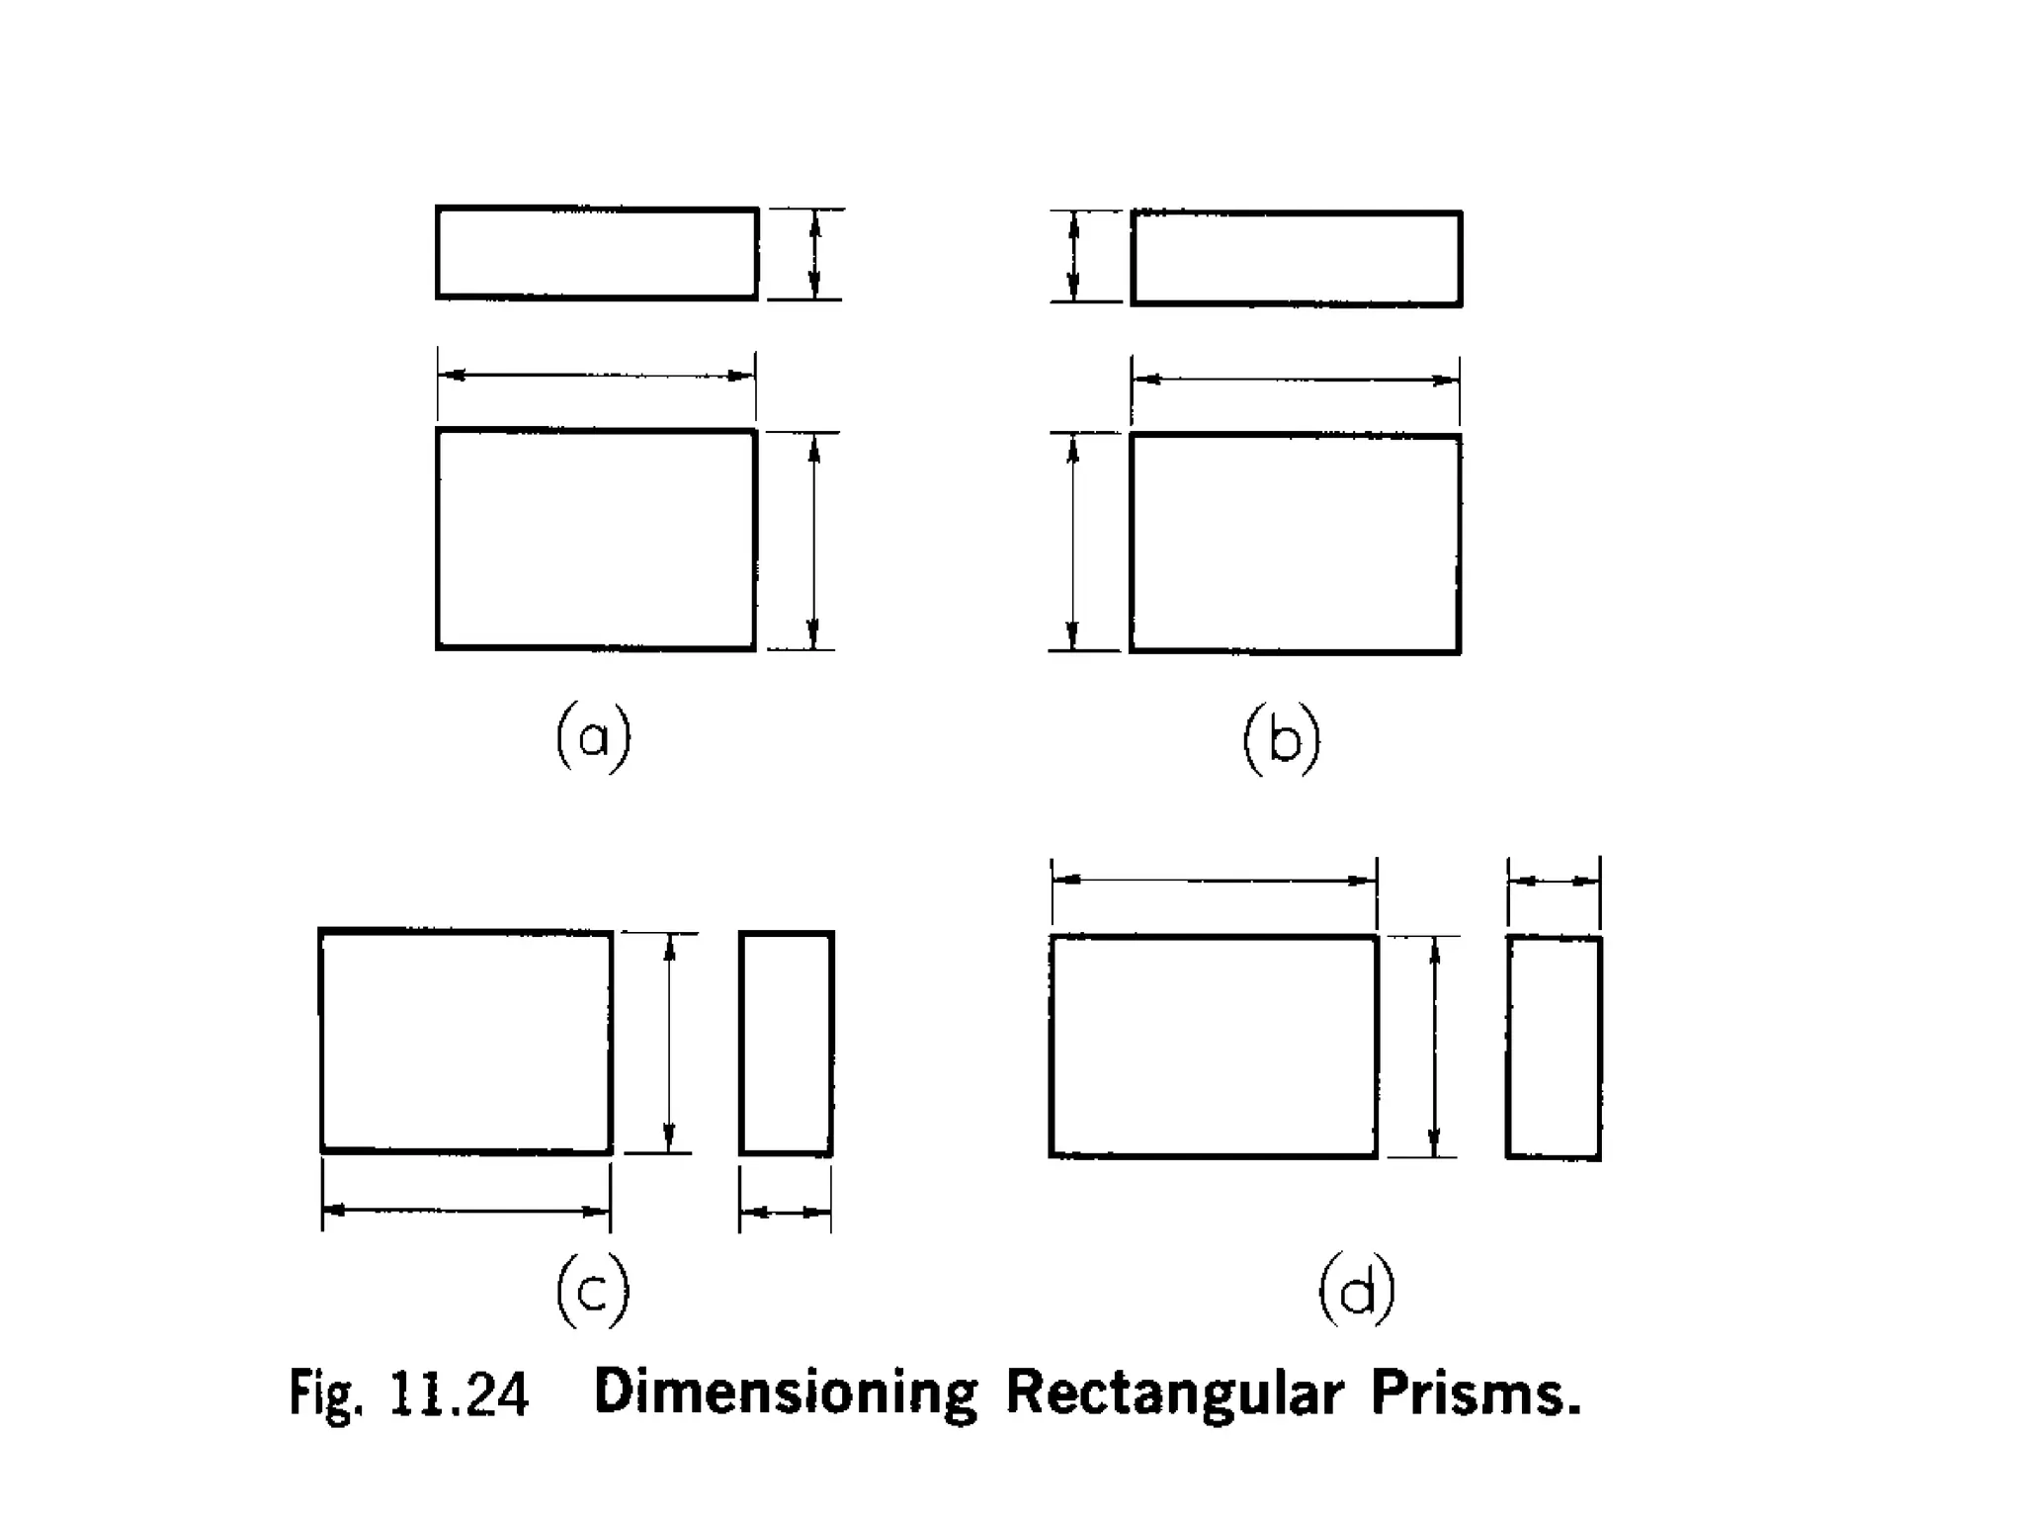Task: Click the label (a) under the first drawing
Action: pos(593,737)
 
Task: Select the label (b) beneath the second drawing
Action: pos(1282,739)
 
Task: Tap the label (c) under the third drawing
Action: pos(592,1291)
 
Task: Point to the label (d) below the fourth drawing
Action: pos(1357,1291)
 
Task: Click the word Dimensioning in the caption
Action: pos(786,1393)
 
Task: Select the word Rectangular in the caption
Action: pos(1175,1393)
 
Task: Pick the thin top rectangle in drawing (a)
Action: pos(597,253)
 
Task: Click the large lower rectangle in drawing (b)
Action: pos(1296,544)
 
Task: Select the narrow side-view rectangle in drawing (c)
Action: pos(787,1043)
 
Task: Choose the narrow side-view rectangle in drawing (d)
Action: pos(1554,1048)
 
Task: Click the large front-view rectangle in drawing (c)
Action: pos(465,1042)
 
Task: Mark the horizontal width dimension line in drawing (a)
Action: pos(597,376)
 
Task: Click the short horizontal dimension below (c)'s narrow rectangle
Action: pos(786,1212)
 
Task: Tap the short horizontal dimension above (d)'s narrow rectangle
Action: pos(1554,881)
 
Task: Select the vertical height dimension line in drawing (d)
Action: pos(1435,1047)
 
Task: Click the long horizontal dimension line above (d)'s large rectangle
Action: pos(1214,880)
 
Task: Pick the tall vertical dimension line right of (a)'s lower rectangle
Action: pos(814,541)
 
